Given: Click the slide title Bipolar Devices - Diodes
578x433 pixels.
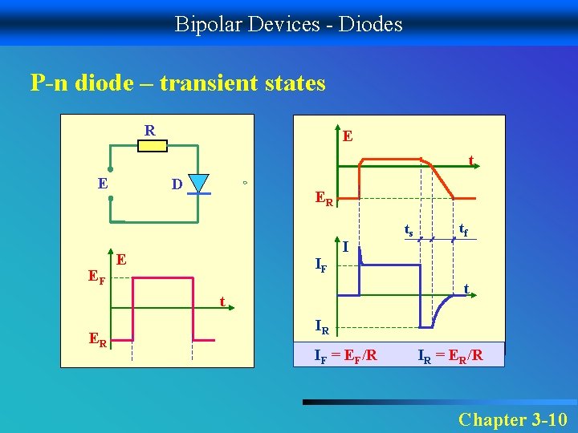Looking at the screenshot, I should [289, 24].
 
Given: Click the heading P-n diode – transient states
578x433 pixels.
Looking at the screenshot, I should [177, 83].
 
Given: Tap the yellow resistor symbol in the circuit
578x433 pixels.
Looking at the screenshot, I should [153, 146].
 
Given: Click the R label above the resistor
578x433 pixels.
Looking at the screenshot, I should [150, 130].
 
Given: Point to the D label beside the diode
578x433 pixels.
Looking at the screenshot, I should [177, 185].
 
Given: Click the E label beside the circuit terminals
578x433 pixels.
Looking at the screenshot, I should [103, 183].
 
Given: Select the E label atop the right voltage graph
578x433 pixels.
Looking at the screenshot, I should [348, 136].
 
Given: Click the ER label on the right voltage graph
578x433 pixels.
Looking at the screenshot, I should [324, 198].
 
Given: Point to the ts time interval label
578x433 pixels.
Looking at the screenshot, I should [409, 232].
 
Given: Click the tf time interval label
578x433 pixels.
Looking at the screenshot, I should [464, 232].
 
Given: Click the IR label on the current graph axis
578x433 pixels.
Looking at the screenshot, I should [321, 326].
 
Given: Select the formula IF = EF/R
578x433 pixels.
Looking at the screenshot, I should [345, 354].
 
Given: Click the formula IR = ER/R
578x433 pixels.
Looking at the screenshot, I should [450, 354].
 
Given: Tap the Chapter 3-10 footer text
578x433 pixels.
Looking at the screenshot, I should [512, 419].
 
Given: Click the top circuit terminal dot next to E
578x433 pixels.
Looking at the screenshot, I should [111, 171].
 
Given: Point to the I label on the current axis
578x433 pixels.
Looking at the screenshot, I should [345, 247].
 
